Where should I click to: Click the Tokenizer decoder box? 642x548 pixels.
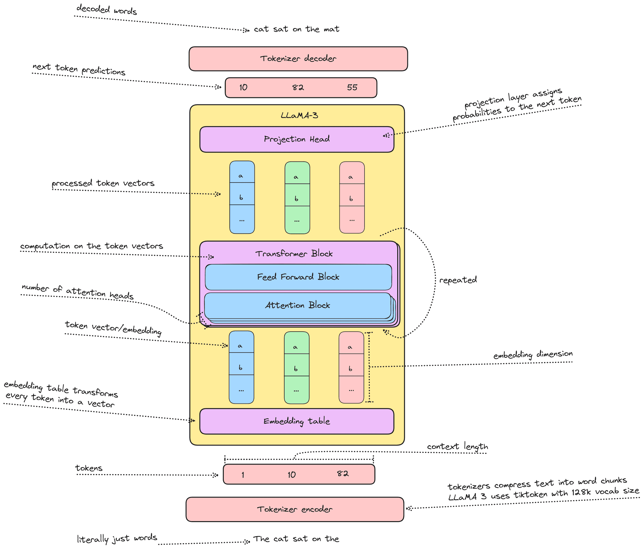click(x=298, y=59)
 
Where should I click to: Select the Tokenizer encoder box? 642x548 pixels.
click(x=295, y=509)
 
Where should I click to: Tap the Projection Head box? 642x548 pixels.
click(x=296, y=139)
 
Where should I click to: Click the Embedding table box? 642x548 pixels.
click(x=296, y=421)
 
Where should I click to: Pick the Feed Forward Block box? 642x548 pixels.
click(x=298, y=277)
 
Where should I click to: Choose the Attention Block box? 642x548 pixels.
click(x=298, y=305)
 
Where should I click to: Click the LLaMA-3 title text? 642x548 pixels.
click(x=299, y=116)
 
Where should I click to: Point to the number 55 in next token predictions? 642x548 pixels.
click(x=352, y=87)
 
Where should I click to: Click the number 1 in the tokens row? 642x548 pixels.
click(x=243, y=475)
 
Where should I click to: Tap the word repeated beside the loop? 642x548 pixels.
click(x=458, y=280)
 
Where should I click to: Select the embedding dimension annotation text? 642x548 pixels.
click(x=533, y=355)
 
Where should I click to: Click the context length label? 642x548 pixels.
click(x=457, y=447)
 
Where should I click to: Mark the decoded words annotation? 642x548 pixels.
click(x=107, y=10)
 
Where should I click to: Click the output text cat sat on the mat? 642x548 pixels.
click(x=296, y=29)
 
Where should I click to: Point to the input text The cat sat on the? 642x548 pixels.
click(x=296, y=539)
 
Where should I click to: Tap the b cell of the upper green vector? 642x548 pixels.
click(x=296, y=198)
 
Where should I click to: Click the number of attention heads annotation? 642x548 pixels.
click(x=77, y=291)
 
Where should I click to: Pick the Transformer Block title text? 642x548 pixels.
click(x=294, y=254)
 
